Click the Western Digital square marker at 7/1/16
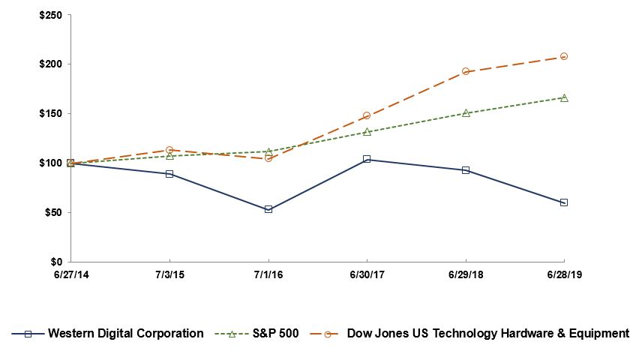(x=268, y=209)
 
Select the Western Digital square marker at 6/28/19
(x=564, y=202)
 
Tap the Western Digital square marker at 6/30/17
(x=367, y=159)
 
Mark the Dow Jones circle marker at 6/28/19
(x=564, y=56)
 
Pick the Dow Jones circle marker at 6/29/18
(x=466, y=71)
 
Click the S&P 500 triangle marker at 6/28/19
(x=564, y=97)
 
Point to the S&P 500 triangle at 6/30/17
(x=367, y=131)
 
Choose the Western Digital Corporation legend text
(x=125, y=334)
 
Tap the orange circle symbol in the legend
(x=327, y=334)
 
